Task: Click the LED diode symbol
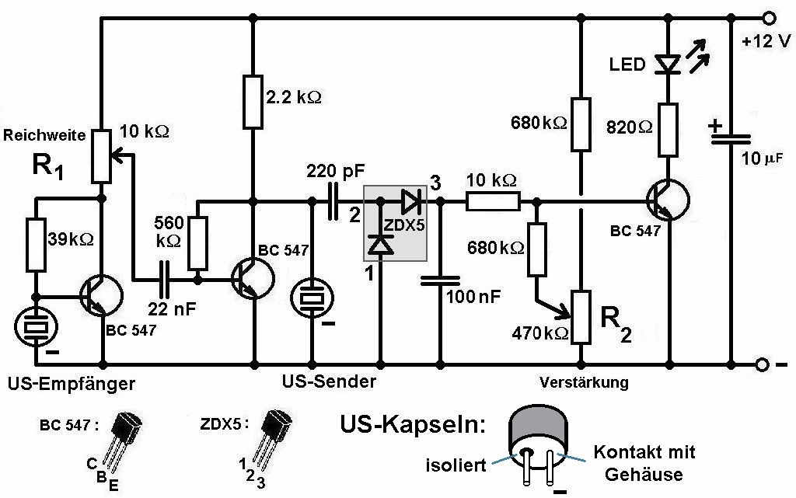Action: pos(668,64)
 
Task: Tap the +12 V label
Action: pos(766,41)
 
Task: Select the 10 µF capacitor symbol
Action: pos(731,137)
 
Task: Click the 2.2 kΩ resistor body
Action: pos(253,100)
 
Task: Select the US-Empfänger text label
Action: pos(70,383)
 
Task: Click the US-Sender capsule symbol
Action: pos(312,298)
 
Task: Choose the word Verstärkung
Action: pos(584,382)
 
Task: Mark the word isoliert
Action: pos(455,465)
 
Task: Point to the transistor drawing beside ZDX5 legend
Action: pos(276,430)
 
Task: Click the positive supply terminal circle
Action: pos(770,18)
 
